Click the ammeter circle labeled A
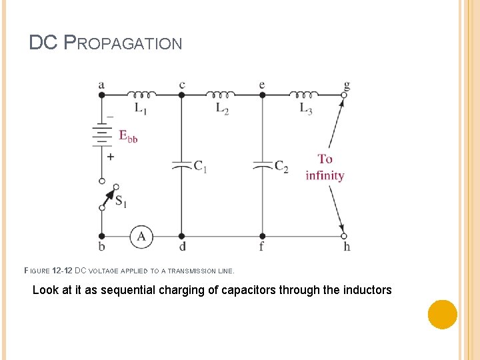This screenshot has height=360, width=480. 141,236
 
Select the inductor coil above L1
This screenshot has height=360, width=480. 141,93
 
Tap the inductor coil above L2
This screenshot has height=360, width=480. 221,93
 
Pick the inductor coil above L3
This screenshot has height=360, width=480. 304,93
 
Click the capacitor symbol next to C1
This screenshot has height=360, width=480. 181,164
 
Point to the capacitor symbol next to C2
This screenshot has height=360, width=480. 262,164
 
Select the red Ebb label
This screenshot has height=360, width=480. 128,136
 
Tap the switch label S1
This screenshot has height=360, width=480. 121,201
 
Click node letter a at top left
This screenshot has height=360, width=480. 101,85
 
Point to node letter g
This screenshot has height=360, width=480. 347,85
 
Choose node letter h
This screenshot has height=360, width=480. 347,247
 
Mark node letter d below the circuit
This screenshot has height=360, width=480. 182,247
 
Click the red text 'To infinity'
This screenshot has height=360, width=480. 325,167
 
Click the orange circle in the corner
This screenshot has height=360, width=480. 442,314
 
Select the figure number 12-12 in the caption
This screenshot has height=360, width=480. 61,271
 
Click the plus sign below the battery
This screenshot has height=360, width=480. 111,157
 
